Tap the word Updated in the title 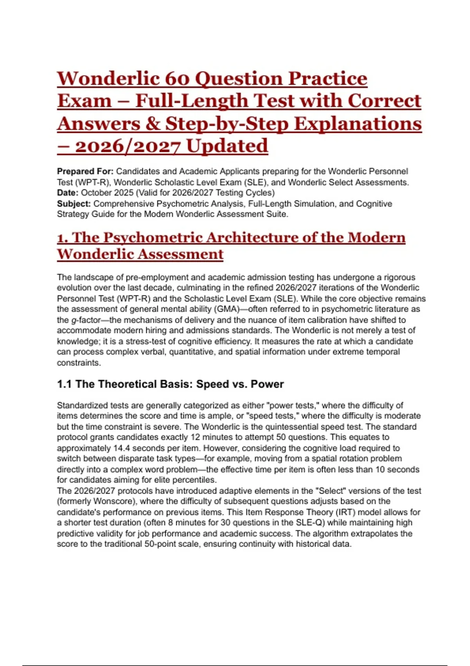pos(227,146)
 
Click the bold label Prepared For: pos(85,172)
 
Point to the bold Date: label pos(68,193)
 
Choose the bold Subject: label pos(74,204)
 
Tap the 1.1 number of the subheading pos(64,384)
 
